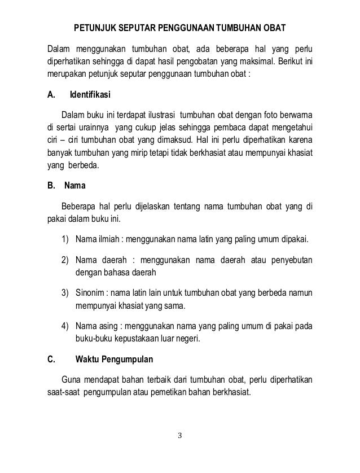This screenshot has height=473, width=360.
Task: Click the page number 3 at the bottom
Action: coord(179,436)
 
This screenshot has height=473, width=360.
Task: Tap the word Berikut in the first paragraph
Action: coord(295,61)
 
